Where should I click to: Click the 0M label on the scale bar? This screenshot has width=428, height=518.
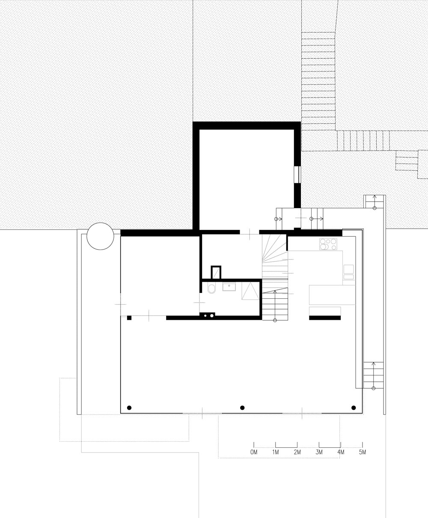tap(254, 452)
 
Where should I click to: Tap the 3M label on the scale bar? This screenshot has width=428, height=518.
tap(319, 452)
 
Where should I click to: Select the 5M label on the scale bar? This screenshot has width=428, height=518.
tap(363, 452)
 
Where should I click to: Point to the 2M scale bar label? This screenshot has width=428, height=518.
tap(297, 452)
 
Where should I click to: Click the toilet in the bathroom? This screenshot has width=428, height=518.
tap(211, 289)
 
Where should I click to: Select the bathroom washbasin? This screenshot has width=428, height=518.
tap(229, 287)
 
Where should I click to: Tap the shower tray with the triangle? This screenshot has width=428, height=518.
tap(250, 291)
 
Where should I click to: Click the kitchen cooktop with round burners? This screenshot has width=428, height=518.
tap(328, 244)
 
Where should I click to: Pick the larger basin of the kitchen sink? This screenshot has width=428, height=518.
tap(348, 269)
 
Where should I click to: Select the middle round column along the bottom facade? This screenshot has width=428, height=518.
tap(242, 408)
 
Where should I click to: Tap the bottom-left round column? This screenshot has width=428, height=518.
tap(129, 408)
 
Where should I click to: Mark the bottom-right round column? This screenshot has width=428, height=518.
tap(354, 408)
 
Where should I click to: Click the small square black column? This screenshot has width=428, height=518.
tap(129, 318)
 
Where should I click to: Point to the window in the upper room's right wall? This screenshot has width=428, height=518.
tap(297, 175)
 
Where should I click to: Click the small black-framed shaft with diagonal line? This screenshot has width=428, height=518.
tap(216, 273)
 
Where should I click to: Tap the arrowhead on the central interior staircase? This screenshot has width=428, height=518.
tap(275, 292)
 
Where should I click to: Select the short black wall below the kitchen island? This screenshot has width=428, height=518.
tap(325, 318)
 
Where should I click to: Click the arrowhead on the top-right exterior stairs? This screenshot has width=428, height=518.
tap(374, 197)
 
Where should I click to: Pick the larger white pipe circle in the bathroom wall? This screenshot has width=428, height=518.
tap(211, 316)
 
